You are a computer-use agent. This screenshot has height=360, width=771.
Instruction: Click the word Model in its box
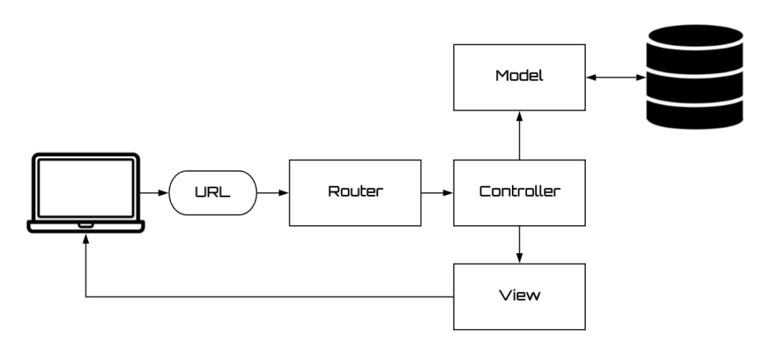coord(519,78)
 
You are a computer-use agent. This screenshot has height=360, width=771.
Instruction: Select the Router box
coord(355,192)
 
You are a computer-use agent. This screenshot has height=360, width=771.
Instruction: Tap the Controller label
coord(519,192)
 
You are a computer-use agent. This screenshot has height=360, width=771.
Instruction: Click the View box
coord(519,296)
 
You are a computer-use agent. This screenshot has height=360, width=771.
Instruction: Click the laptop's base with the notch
coord(85,225)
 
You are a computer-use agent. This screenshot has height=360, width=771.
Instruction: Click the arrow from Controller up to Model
coord(519,136)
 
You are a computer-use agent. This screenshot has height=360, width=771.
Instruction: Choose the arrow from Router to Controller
coord(437,193)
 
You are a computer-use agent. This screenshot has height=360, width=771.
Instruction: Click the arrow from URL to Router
coord(273,193)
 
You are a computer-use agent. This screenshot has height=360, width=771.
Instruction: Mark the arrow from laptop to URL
coord(154,193)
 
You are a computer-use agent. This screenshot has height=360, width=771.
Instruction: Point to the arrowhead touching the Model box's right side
coord(590,78)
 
